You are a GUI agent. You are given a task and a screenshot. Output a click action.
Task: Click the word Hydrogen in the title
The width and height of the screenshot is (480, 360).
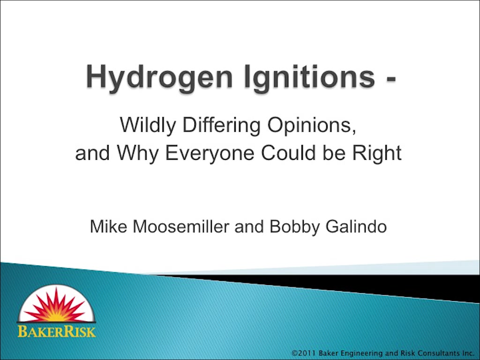click(x=159, y=78)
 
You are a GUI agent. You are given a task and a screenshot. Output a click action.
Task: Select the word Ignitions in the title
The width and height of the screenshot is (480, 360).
click(x=309, y=78)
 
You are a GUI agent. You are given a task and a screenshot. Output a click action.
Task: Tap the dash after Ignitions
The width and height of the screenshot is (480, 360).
click(x=391, y=79)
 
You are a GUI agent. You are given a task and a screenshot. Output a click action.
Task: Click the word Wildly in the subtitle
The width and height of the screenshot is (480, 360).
click(x=148, y=126)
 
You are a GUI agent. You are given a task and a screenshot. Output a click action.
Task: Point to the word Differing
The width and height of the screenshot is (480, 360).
click(x=221, y=126)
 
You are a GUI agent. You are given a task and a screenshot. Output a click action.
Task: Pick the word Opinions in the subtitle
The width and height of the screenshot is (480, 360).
click(x=312, y=126)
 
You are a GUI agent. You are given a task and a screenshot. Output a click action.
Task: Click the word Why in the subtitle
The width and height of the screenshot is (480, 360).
click(x=138, y=154)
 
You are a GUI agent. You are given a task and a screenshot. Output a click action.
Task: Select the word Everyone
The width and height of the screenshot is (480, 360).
click(x=210, y=154)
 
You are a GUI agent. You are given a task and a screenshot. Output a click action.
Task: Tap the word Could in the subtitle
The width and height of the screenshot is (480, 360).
click(x=288, y=153)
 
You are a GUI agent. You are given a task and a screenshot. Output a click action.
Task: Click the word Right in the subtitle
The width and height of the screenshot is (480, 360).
click(x=377, y=154)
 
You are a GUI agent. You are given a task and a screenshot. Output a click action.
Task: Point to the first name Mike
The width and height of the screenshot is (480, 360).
click(x=108, y=227)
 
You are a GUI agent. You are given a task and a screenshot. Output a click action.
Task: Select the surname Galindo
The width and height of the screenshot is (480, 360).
click(x=356, y=227)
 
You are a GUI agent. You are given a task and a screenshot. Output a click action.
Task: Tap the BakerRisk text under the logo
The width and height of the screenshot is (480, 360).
click(x=57, y=331)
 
